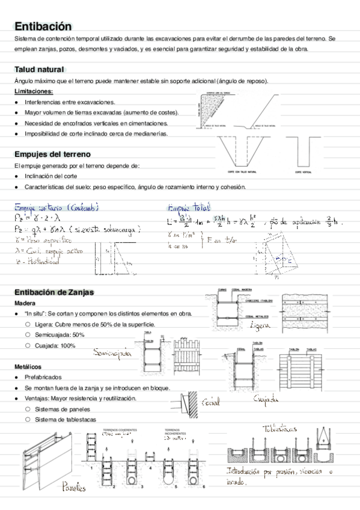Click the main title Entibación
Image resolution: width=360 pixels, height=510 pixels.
click(x=43, y=26)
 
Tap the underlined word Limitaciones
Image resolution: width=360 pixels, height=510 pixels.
click(x=33, y=91)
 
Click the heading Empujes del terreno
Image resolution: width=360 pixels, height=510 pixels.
click(x=52, y=154)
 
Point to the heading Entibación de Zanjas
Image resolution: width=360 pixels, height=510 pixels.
click(x=54, y=292)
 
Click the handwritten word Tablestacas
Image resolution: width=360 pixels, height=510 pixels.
click(x=281, y=429)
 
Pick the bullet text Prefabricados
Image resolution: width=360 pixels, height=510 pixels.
click(x=43, y=377)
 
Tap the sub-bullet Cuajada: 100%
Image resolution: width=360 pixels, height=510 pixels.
click(x=55, y=345)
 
